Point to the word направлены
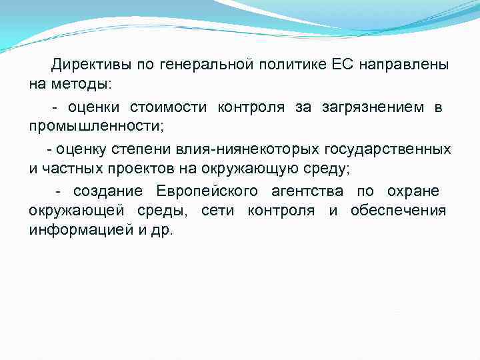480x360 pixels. [403, 65]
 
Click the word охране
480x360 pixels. [414, 192]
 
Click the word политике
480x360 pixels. [289, 65]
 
